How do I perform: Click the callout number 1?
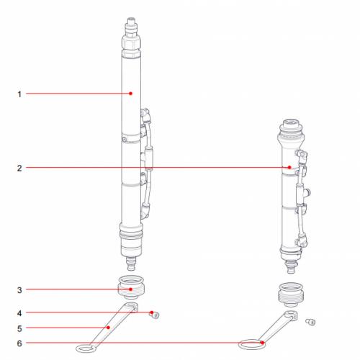(x=20, y=93)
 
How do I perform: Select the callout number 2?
(x=20, y=168)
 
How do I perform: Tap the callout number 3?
(x=20, y=289)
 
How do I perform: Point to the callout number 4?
(x=20, y=312)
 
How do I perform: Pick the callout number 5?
(x=20, y=328)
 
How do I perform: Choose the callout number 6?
(x=20, y=343)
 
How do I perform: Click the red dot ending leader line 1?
(x=130, y=93)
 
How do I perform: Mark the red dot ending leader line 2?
(x=290, y=168)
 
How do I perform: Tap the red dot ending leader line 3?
(x=130, y=289)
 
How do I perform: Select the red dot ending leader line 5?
(x=108, y=328)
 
